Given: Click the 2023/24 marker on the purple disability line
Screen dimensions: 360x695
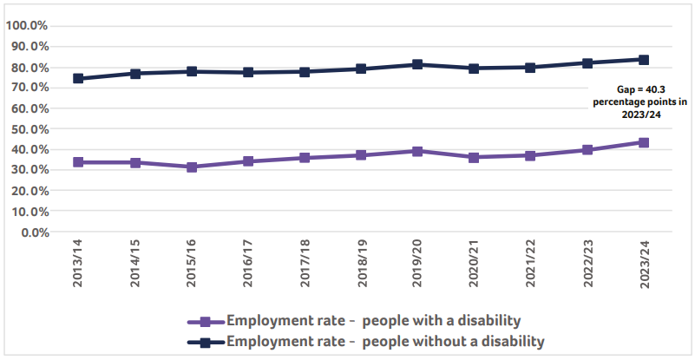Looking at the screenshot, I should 644,142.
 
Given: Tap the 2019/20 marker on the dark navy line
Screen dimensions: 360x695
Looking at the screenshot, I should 417,64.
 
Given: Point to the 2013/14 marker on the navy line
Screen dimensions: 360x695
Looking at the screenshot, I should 78,78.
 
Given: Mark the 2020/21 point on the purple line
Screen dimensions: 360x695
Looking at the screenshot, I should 474,157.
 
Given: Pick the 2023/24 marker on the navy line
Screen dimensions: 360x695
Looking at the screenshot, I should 644,60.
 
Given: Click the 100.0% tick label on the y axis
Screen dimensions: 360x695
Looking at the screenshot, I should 27,25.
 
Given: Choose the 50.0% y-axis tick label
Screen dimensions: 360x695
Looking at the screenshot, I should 30,128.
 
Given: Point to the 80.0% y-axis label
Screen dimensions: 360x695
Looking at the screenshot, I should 30,67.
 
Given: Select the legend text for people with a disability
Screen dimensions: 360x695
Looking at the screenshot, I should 373,319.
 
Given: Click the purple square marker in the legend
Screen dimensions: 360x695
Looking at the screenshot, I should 206,320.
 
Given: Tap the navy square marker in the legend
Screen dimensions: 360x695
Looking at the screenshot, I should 206,342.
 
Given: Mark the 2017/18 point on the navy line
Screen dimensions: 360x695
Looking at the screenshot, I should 305,71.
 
